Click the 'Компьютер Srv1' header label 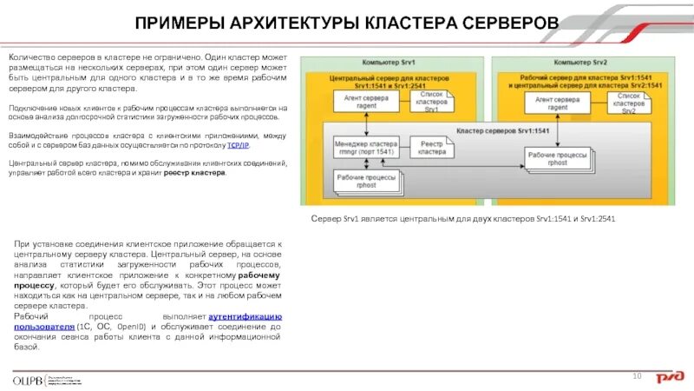(388, 63)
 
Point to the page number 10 (636, 375)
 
